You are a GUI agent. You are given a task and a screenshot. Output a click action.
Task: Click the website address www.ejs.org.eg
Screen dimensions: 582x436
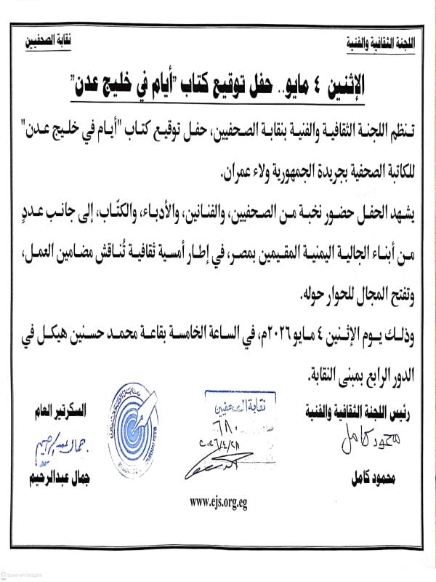[217, 501]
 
